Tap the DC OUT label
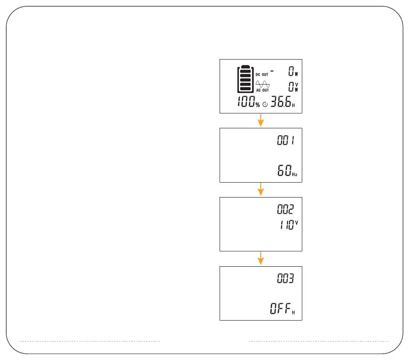(x=262, y=74)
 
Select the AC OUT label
(x=262, y=90)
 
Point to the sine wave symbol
(x=262, y=84)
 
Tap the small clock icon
(x=265, y=105)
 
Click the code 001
(x=286, y=141)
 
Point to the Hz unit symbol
(x=296, y=174)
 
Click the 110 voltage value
(x=286, y=226)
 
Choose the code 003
(x=286, y=279)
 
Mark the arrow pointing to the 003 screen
(x=261, y=258)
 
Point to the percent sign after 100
(x=258, y=105)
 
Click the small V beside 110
(x=297, y=222)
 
